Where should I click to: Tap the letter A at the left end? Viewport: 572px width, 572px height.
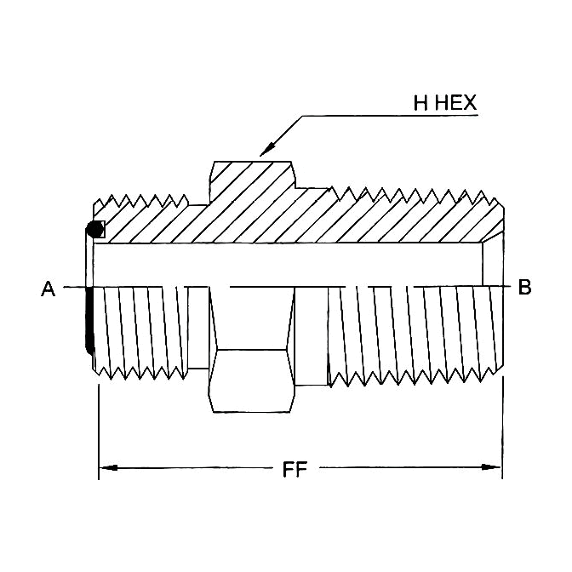pos(49,289)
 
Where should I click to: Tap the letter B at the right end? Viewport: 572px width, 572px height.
pos(524,288)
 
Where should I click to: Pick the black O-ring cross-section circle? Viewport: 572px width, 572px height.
pos(94,229)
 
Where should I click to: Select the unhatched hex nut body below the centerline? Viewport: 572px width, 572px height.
pos(252,379)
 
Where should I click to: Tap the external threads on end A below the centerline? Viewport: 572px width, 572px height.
pos(140,332)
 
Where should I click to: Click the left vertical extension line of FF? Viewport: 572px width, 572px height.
pos(100,426)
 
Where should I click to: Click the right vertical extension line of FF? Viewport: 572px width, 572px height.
pos(502,426)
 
